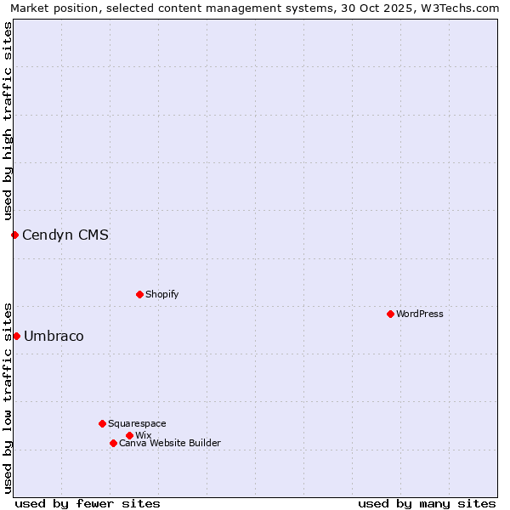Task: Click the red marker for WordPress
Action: click(390, 314)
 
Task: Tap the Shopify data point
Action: click(139, 294)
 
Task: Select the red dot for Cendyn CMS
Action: click(14, 235)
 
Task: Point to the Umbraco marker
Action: click(16, 336)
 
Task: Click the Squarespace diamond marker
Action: click(102, 423)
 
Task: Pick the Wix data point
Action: click(129, 435)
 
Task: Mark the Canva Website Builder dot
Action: click(113, 443)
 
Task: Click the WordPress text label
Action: click(420, 314)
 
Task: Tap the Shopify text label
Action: click(161, 294)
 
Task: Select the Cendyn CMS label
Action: click(65, 235)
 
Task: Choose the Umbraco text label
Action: click(54, 336)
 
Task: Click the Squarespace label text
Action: click(137, 423)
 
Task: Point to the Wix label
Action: click(143, 435)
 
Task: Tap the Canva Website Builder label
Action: click(170, 443)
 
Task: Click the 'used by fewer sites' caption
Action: click(88, 503)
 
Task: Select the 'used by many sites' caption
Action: click(427, 503)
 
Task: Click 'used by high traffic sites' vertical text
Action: click(8, 121)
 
